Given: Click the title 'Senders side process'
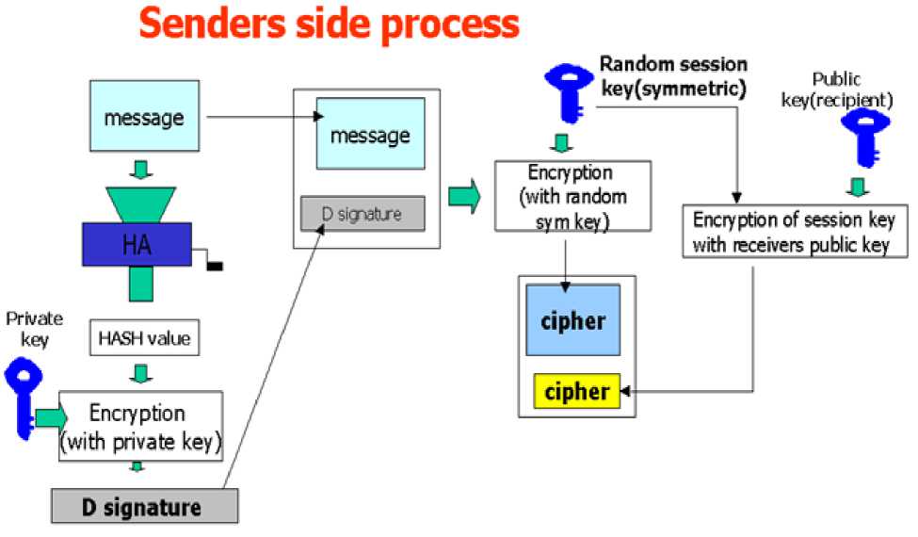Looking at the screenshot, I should pos(329,24).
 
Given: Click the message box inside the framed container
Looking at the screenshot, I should pos(369,135).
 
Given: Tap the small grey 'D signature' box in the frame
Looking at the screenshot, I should pos(362,214).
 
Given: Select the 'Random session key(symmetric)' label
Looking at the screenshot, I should pos(672,76).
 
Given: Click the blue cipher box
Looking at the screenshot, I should pos(572,321).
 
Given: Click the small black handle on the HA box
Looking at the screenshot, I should pos(214,266).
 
